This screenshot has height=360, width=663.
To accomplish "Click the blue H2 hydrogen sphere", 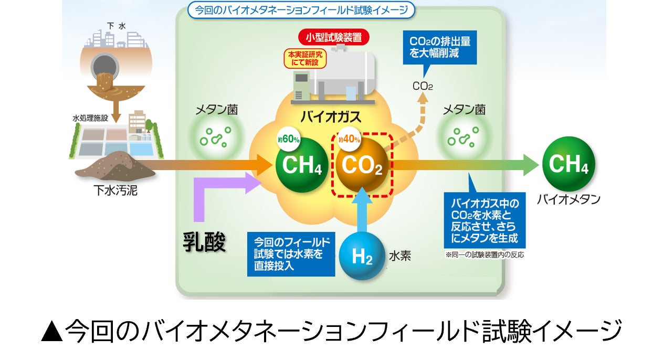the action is coord(362,256).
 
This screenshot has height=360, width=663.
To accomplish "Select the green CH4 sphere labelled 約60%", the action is coord(302,165).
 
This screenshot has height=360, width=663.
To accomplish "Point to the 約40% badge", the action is coord(349,140).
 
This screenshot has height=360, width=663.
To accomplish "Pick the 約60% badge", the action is coord(289,140).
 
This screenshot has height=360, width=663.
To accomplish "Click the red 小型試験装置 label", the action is coord(334,38).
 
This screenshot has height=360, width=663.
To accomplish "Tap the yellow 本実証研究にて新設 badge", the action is coord(304,59).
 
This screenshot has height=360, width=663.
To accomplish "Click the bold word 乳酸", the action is coord(204,242).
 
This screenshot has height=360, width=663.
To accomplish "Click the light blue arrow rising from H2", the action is coord(362,213).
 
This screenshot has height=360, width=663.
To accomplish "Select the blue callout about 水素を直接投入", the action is coord(291,254).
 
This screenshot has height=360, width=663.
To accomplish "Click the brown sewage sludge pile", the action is coord(114,166).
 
